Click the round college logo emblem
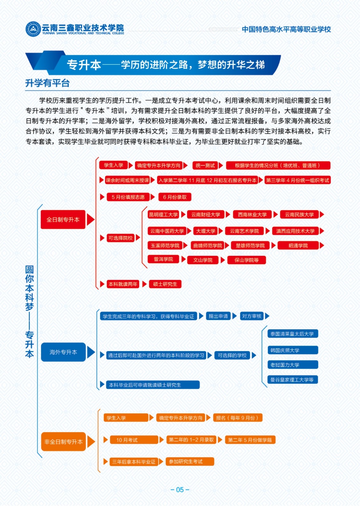pyautogui.click(x=33, y=29)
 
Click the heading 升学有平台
pyautogui.click(x=47, y=83)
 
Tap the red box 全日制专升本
pyautogui.click(x=63, y=219)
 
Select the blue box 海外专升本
pyautogui.click(x=63, y=352)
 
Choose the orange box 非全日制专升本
pyautogui.click(x=64, y=441)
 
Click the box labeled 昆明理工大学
pyautogui.click(x=163, y=214)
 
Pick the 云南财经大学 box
pyautogui.click(x=206, y=214)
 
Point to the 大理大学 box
pyautogui.click(x=206, y=231)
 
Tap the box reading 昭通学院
pyautogui.click(x=298, y=245)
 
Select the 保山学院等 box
pyautogui.click(x=246, y=260)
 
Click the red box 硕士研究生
pyautogui.click(x=165, y=284)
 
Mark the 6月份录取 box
pyautogui.click(x=175, y=197)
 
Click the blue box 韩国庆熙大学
pyautogui.click(x=293, y=350)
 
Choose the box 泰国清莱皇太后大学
pyautogui.click(x=293, y=334)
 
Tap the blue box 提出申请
pyautogui.click(x=218, y=316)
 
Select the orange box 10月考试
pyautogui.click(x=134, y=440)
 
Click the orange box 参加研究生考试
pyautogui.click(x=190, y=461)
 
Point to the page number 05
pyautogui.click(x=180, y=490)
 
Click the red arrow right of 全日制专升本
pyautogui.click(x=90, y=219)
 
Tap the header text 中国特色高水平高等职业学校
pyautogui.click(x=286, y=29)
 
